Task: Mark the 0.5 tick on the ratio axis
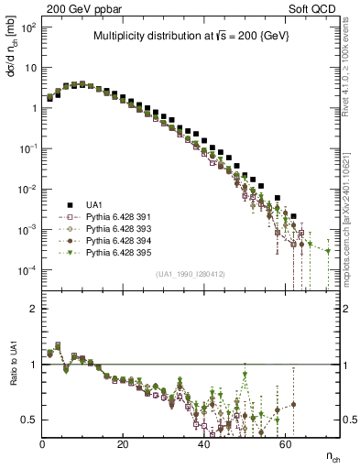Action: pyautogui.click(x=31, y=420)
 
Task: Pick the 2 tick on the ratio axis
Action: pyautogui.click(x=35, y=309)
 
